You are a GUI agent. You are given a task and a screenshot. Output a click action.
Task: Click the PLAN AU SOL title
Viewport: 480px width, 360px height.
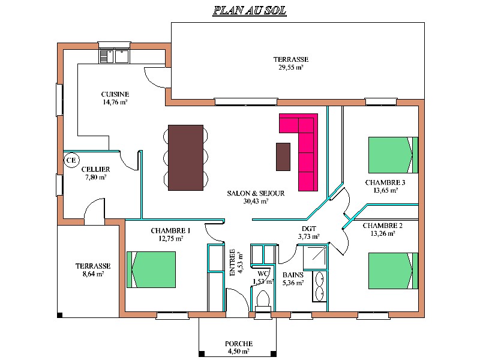250,11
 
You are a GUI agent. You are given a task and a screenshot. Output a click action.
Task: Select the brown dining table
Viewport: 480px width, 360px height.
185,158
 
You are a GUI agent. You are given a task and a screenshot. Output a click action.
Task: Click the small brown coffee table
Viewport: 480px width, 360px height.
283,157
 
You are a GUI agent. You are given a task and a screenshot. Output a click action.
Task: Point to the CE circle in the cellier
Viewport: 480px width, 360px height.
71,160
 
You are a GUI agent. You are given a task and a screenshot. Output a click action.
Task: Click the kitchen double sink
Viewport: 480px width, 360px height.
115,56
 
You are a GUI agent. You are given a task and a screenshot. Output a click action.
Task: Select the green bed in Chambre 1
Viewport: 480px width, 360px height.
151,269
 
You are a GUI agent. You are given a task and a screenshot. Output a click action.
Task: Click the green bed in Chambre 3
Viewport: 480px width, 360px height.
393,155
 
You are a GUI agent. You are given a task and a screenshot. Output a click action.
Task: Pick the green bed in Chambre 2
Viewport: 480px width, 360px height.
393,271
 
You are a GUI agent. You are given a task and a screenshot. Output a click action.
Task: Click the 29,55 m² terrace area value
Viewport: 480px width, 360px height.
291,67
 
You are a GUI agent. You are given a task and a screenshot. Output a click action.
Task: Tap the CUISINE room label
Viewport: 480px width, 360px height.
115,94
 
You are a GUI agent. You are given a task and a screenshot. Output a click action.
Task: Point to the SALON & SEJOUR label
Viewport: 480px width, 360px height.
256,193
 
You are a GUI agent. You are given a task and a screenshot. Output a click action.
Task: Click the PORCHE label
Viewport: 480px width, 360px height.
239,343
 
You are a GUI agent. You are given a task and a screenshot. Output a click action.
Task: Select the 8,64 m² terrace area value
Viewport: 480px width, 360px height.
94,274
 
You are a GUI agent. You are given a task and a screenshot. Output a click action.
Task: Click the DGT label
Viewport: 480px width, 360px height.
309,229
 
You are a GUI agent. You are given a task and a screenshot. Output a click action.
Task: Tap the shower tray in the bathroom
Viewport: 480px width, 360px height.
315,257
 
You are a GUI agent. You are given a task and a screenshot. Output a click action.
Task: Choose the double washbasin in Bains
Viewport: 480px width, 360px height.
320,286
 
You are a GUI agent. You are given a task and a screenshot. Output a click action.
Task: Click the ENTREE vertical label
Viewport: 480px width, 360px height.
232,262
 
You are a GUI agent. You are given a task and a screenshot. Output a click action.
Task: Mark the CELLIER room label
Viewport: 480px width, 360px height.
95,169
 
